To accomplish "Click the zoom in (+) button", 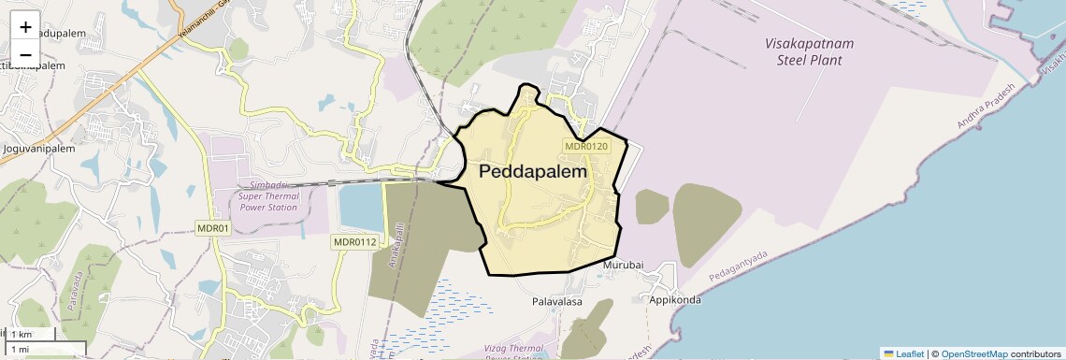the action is (25, 27).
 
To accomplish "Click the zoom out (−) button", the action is (25, 53).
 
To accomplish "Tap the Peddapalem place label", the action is (533, 172).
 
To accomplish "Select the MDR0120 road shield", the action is (587, 146).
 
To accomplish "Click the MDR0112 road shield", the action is (354, 242).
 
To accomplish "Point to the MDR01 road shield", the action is (213, 228).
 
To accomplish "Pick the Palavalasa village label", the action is (557, 302).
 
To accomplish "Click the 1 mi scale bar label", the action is (20, 349).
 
